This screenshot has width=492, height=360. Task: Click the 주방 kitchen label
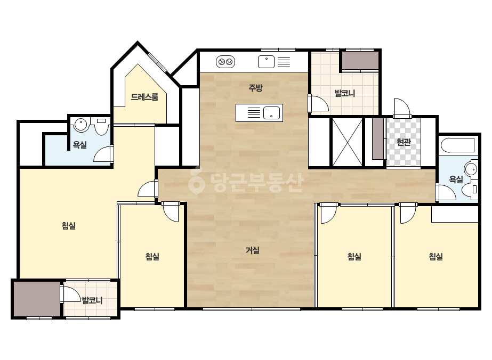coord(255,88)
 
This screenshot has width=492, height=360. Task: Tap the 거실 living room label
coord(253,250)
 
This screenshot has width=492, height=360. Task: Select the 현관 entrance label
coord(404,142)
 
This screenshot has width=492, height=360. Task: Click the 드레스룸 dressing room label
coord(144,97)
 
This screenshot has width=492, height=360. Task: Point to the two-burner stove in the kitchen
coord(225,62)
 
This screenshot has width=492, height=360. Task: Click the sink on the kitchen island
coord(271,113)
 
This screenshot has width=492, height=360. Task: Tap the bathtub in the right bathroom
coord(458,145)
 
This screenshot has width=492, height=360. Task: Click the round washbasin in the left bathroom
coord(80,124)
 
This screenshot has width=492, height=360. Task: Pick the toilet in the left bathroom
coord(101,126)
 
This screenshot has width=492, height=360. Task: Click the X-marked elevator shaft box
coord(347,142)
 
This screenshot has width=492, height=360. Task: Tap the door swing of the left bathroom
coord(102,154)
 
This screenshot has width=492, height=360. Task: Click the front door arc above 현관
coord(402,107)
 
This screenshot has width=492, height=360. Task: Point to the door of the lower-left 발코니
coord(71,294)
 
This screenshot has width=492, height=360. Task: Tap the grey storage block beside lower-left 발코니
coord(37,299)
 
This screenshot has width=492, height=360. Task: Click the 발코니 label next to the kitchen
coord(344,93)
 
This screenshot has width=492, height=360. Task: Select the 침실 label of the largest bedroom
coord(69,225)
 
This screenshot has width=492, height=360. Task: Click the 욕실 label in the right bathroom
coord(456,179)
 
